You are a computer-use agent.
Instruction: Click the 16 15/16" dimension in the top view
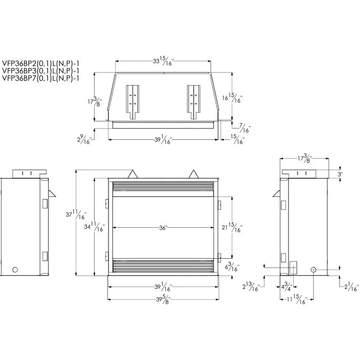pos(235,97)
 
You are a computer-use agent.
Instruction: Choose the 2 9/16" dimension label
pos(84,138)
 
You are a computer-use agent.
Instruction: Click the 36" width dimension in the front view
pos(164,228)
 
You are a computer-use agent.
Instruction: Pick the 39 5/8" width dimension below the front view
pos(163,300)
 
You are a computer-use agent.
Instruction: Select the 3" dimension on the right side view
pos(340,174)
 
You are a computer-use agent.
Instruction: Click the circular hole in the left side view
pos(15,269)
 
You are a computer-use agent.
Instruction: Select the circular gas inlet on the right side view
pos(313,269)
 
